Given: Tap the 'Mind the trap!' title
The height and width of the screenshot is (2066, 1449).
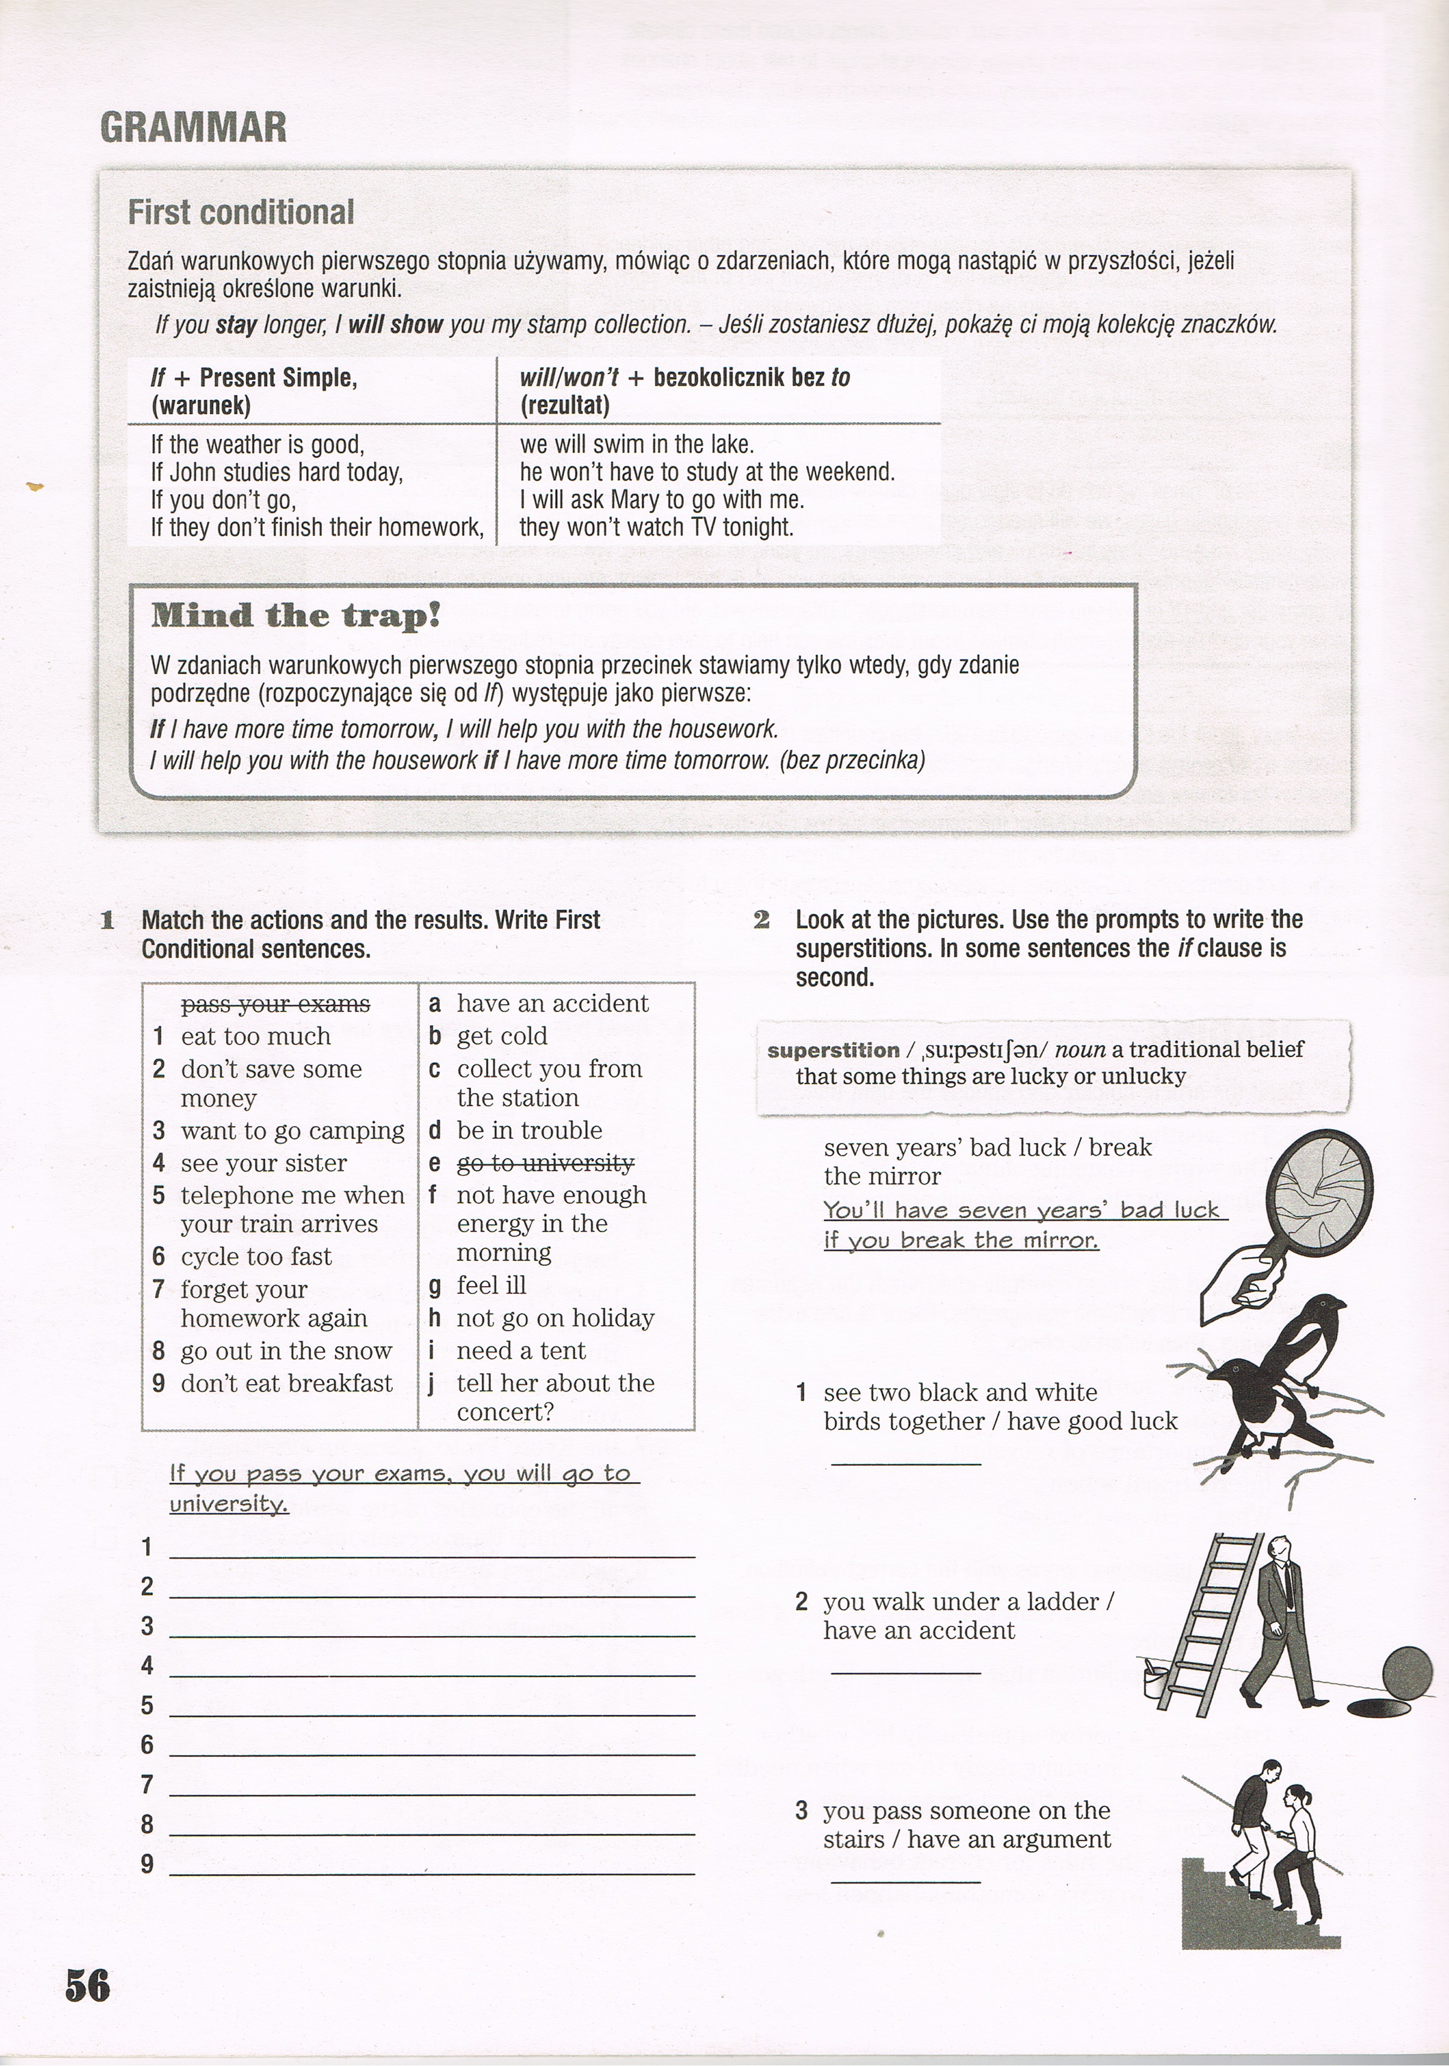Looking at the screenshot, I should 295,616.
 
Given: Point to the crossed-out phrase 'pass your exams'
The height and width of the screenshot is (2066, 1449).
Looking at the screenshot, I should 275,1004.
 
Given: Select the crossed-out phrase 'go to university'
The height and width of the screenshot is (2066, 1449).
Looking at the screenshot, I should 546,1163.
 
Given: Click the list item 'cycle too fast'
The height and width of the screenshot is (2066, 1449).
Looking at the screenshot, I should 256,1256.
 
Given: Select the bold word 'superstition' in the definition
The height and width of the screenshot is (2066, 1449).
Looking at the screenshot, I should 832,1050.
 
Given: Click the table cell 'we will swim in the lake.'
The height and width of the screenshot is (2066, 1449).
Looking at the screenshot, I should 636,444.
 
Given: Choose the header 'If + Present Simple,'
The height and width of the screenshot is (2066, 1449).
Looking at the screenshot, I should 254,378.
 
